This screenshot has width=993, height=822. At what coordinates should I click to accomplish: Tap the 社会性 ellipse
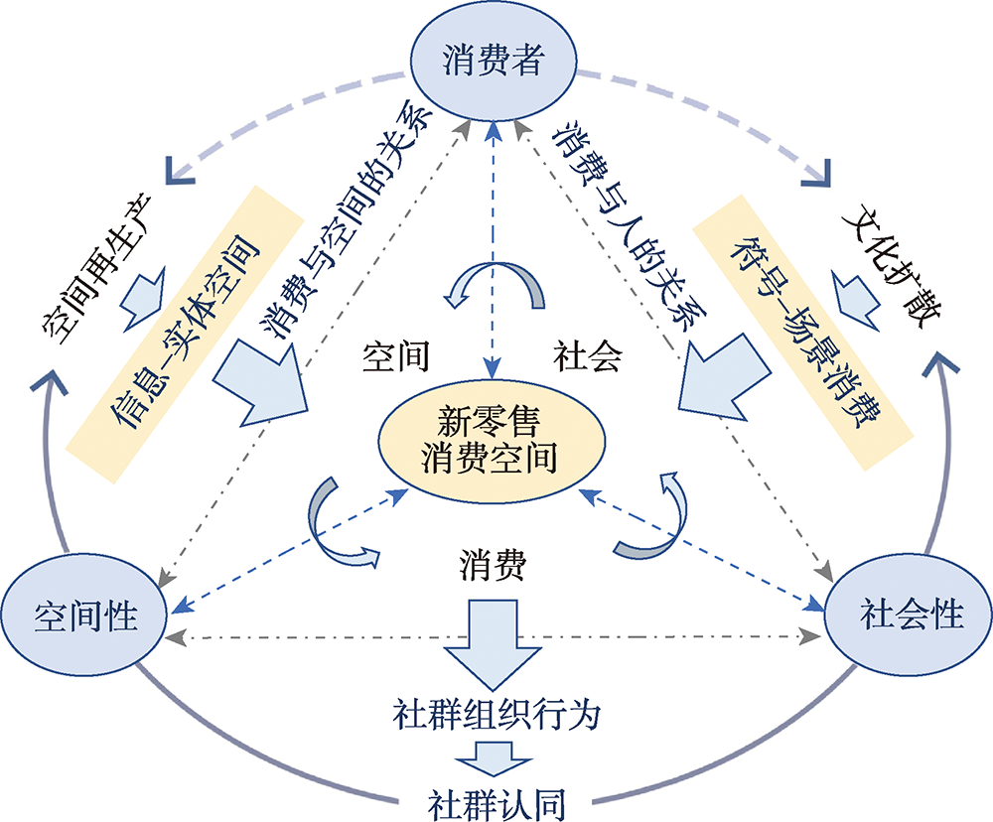coord(910,614)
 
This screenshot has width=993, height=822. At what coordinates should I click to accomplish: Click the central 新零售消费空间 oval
coord(488,441)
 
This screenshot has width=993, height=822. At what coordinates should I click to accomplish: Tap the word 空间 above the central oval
coord(395,357)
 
